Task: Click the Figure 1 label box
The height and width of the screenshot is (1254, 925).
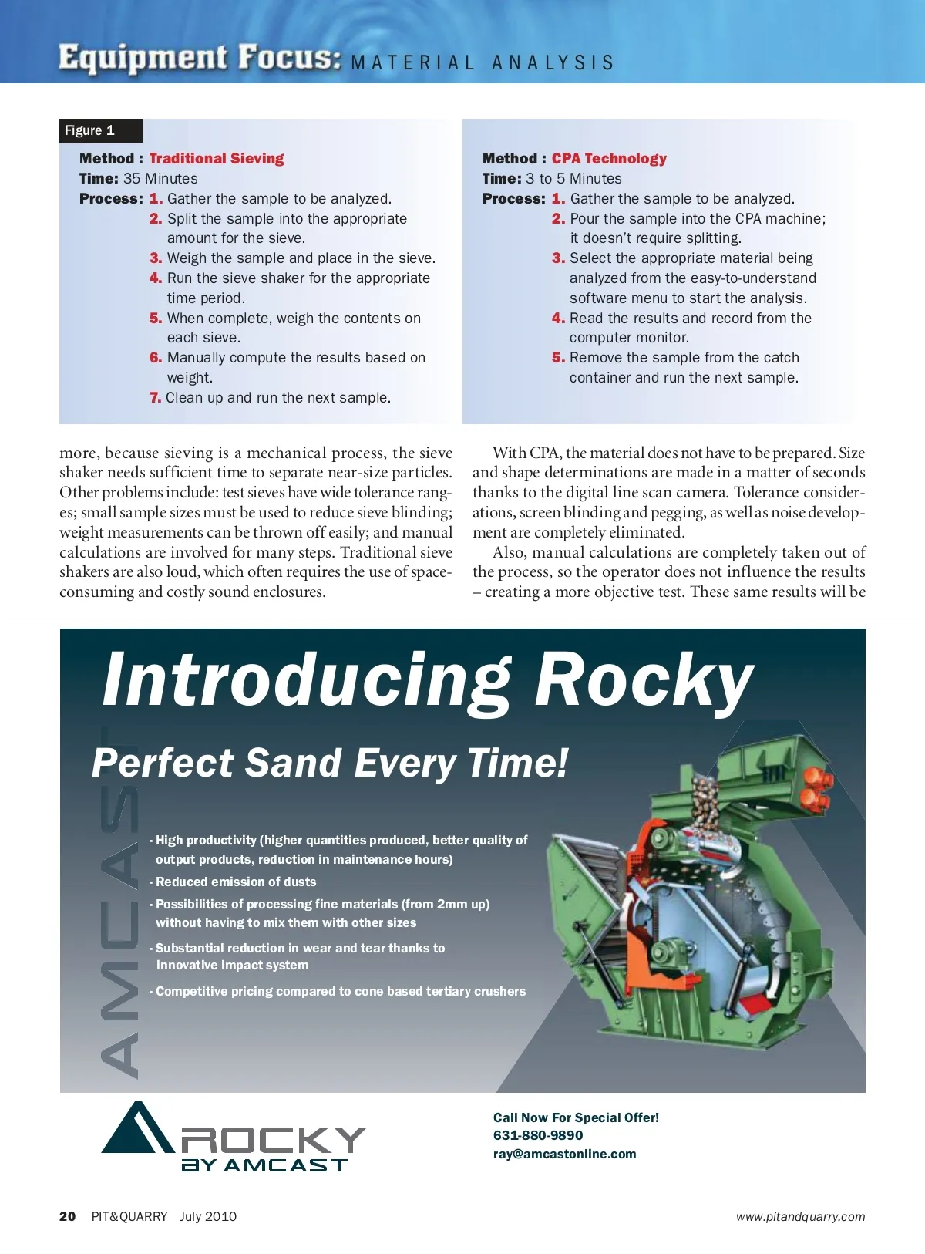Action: pyautogui.click(x=100, y=130)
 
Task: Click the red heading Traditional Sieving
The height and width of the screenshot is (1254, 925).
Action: pyautogui.click(x=217, y=158)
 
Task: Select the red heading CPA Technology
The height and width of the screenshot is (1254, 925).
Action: pyautogui.click(x=609, y=158)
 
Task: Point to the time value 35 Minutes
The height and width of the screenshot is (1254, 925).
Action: pyautogui.click(x=160, y=178)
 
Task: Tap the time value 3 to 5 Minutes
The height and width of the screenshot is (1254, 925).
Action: pyautogui.click(x=573, y=178)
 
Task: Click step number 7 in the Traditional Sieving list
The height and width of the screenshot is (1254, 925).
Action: pyautogui.click(x=156, y=398)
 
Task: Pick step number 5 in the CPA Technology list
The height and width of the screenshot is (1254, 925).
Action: pyautogui.click(x=558, y=358)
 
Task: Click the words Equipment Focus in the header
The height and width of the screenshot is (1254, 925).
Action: pyautogui.click(x=200, y=59)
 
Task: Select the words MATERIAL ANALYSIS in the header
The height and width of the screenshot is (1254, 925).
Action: pyautogui.click(x=483, y=62)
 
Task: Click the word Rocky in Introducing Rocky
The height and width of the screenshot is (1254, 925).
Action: pyautogui.click(x=644, y=679)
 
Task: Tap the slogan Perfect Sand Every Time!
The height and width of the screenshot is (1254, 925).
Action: pyautogui.click(x=330, y=763)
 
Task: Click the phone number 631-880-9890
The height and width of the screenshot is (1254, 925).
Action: pyautogui.click(x=538, y=1135)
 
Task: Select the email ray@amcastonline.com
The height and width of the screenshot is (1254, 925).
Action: pyautogui.click(x=564, y=1154)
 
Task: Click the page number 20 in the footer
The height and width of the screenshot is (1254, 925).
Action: pyautogui.click(x=68, y=1216)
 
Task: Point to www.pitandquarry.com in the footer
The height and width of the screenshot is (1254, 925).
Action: pyautogui.click(x=800, y=1217)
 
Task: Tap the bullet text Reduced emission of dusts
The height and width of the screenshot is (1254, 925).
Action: pyautogui.click(x=236, y=882)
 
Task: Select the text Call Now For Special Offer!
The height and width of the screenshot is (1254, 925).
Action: pyautogui.click(x=576, y=1117)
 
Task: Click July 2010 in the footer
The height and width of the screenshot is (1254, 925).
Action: pyautogui.click(x=208, y=1216)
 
